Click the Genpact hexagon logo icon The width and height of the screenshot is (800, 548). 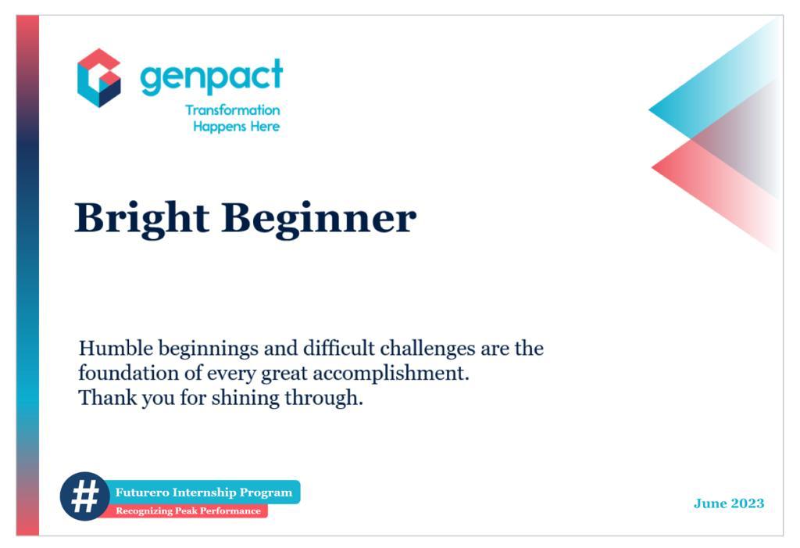pyautogui.click(x=98, y=77)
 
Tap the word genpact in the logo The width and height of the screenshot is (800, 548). pyautogui.click(x=211, y=76)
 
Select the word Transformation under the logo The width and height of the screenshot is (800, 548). pyautogui.click(x=232, y=110)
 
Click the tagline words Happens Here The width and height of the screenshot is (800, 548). pyautogui.click(x=236, y=127)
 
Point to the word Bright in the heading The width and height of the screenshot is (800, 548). pyautogui.click(x=141, y=218)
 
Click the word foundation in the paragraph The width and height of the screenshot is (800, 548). pyautogui.click(x=121, y=373)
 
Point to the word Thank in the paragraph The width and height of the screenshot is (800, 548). pyautogui.click(x=103, y=398)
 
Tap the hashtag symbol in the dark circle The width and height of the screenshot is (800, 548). pyautogui.click(x=84, y=496)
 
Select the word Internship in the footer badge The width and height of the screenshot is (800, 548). pyautogui.click(x=204, y=492)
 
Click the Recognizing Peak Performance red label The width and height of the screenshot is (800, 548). pyautogui.click(x=187, y=511)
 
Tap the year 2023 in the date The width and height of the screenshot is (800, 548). pyautogui.click(x=748, y=503)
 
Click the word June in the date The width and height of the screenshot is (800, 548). pyautogui.click(x=710, y=503)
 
